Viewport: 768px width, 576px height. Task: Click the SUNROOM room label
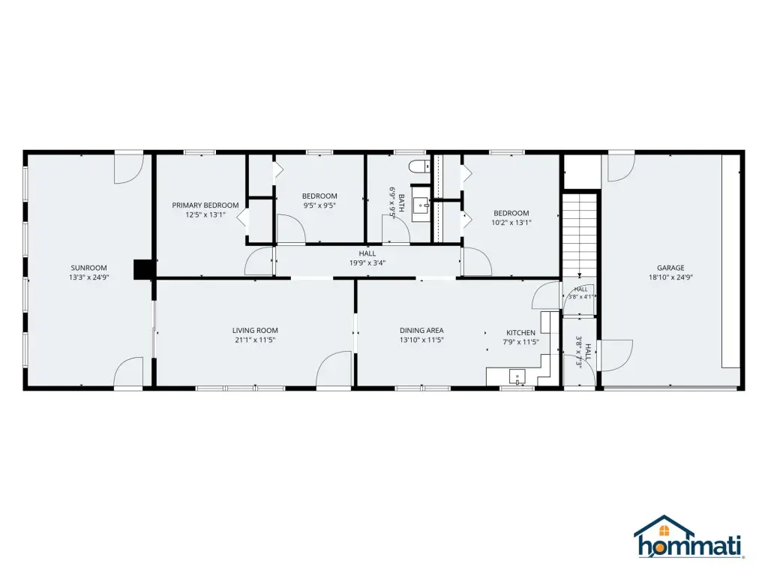pos(88,268)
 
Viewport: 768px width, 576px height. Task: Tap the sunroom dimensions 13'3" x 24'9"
pos(88,277)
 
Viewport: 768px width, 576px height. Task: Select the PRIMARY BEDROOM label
pos(205,205)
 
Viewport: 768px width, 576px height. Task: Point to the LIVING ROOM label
pos(255,331)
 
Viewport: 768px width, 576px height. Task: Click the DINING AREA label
pos(421,331)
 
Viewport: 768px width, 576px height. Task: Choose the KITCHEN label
pos(520,332)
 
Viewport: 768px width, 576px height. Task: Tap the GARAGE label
pos(670,268)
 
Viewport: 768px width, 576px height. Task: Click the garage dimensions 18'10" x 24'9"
pos(670,277)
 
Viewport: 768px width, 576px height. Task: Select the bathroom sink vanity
pos(420,204)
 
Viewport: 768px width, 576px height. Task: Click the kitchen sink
pos(517,377)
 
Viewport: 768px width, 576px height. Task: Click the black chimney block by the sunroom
pos(144,269)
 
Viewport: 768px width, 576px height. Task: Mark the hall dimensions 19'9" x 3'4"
pos(367,263)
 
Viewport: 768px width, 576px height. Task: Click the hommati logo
pos(688,537)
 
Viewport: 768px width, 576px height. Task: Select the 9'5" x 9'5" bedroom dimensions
pos(319,205)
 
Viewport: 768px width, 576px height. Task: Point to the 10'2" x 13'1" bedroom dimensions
pos(511,222)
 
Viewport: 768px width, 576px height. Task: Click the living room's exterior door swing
pos(334,370)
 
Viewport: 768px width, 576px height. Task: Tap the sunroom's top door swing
pos(129,169)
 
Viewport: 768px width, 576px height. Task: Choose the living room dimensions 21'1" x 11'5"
pos(255,340)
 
